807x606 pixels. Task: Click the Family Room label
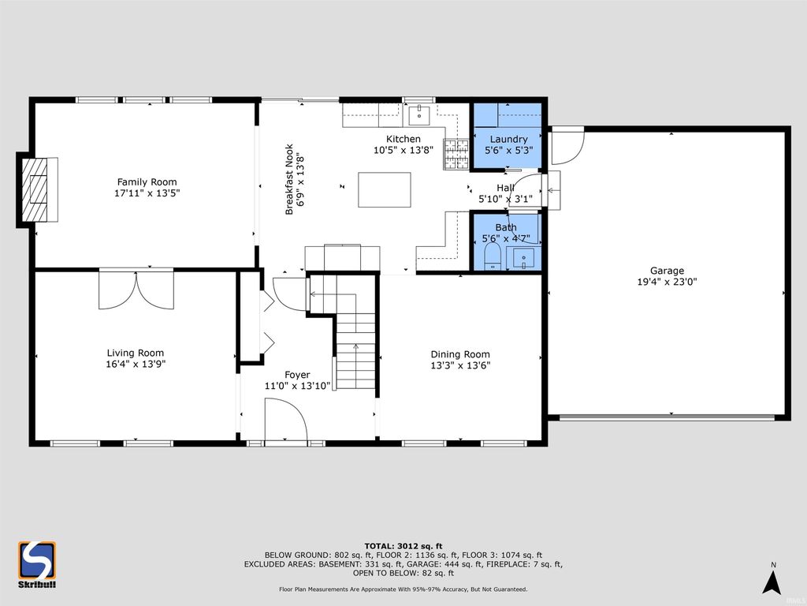(x=147, y=182)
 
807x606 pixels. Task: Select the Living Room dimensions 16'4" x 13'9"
(x=136, y=364)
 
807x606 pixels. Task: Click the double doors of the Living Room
(x=136, y=290)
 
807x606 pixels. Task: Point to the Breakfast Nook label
(x=289, y=179)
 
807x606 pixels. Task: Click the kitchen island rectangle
(x=385, y=189)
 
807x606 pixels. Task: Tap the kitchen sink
(x=420, y=115)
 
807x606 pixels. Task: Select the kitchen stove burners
(x=456, y=154)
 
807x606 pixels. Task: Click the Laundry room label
(x=508, y=139)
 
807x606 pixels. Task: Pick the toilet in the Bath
(x=493, y=256)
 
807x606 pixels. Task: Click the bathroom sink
(x=523, y=258)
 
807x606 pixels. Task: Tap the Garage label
(x=667, y=271)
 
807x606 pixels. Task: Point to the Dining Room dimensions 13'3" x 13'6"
(x=460, y=365)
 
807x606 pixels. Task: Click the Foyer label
(x=297, y=375)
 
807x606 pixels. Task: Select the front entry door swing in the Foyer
(x=285, y=421)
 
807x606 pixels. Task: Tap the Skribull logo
(x=37, y=564)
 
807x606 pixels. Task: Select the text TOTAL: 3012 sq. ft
(x=403, y=546)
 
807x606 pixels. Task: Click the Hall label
(x=505, y=188)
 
